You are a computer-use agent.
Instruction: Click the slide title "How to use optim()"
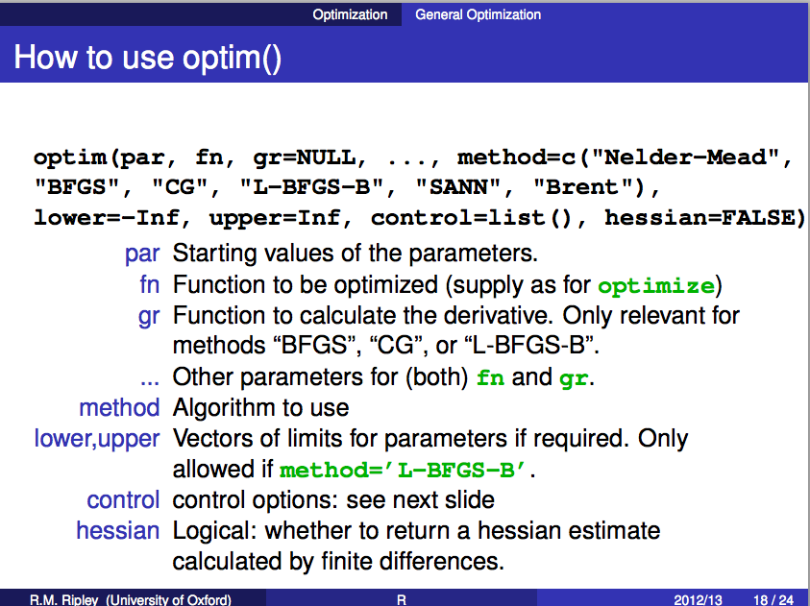click(148, 57)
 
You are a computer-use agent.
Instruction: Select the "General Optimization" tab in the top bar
click(478, 14)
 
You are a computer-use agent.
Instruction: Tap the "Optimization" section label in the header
click(350, 14)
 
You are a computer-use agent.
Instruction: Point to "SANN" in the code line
click(458, 187)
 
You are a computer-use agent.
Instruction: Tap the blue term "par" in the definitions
click(142, 254)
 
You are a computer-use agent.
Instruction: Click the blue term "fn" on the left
click(149, 284)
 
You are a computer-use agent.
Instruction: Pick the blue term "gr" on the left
click(149, 316)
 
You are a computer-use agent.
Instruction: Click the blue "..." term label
click(150, 382)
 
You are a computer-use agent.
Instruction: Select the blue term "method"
click(119, 408)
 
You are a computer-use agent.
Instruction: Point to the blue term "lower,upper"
click(97, 439)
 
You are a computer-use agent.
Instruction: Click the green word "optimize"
click(656, 286)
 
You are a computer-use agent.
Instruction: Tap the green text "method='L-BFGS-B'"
click(403, 470)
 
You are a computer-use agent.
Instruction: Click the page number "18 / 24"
click(773, 600)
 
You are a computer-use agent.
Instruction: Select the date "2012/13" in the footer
click(698, 600)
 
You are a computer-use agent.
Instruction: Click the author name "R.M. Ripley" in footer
click(64, 600)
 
